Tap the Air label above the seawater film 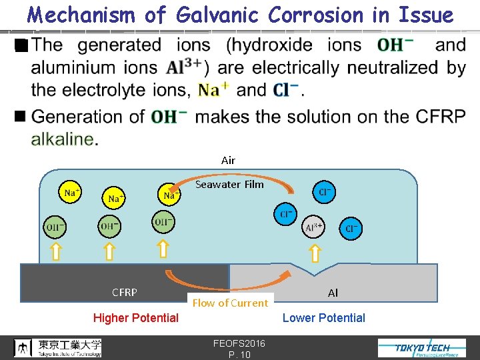(228, 160)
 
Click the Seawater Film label (229, 184)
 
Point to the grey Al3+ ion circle (313, 226)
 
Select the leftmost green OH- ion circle (55, 227)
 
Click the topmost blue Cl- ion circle (325, 192)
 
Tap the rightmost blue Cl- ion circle (351, 229)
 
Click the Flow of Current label (229, 303)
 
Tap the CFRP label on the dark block (125, 292)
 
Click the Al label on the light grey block (333, 293)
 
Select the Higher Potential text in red (135, 318)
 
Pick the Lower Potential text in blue (323, 318)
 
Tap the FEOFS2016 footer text (239, 343)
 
